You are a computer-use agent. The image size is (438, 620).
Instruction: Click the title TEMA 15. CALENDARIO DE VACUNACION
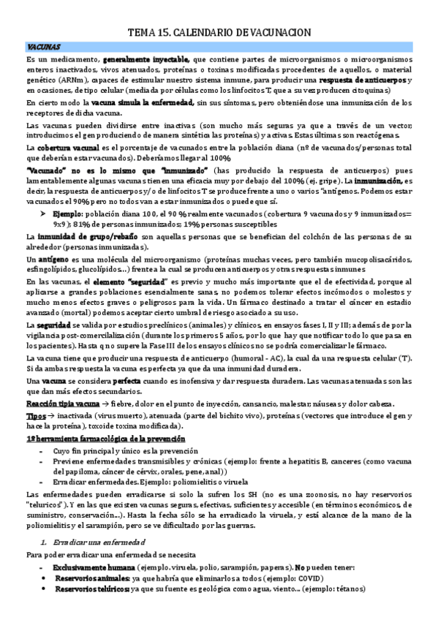(x=219, y=32)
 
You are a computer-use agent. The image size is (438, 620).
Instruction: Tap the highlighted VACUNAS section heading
(x=42, y=46)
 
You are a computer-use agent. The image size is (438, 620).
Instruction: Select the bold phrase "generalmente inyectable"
(x=146, y=58)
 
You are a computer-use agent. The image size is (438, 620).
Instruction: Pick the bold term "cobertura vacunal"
(x=58, y=147)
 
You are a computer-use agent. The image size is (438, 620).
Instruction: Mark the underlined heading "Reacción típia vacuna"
(x=61, y=404)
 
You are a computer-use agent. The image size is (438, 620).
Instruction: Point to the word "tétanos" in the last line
(x=349, y=589)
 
